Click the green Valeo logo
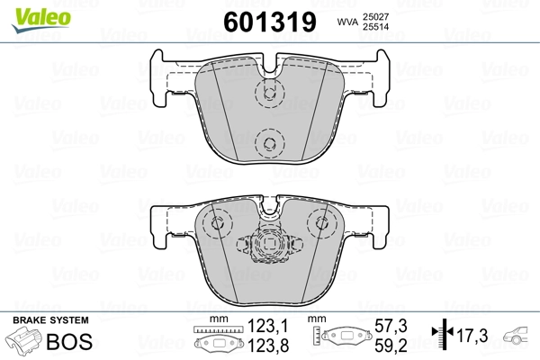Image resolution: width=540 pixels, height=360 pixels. (x=41, y=20)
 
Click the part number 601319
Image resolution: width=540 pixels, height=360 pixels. (x=270, y=22)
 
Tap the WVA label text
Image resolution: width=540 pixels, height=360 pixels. (x=347, y=22)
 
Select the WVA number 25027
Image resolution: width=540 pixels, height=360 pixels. (x=375, y=16)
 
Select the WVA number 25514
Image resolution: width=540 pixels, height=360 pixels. (x=375, y=26)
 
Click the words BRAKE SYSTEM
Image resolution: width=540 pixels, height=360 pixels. (x=50, y=320)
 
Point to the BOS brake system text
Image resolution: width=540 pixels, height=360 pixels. (x=69, y=341)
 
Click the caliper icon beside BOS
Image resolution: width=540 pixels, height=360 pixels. (x=23, y=339)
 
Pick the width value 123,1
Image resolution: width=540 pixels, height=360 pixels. (x=268, y=326)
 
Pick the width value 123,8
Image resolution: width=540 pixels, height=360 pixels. (x=268, y=346)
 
